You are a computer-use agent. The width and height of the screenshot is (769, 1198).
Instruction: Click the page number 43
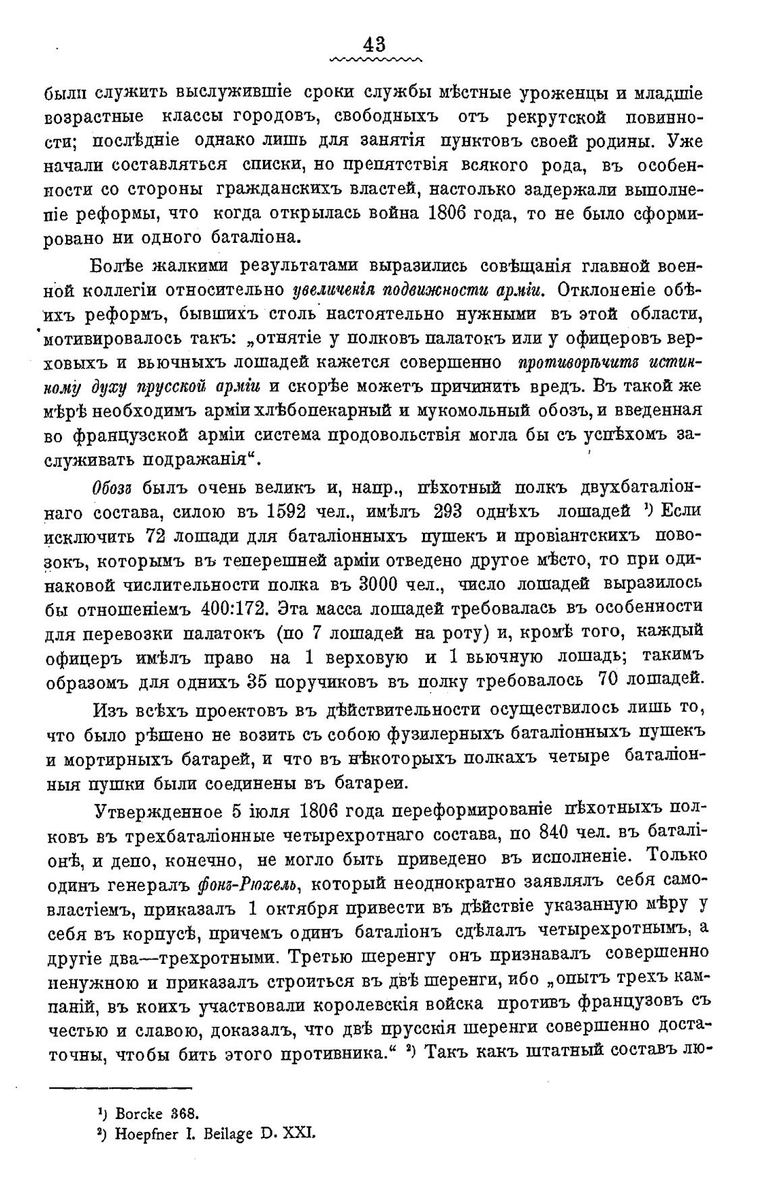374,45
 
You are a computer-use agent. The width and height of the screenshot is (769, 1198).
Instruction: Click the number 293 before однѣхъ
441,513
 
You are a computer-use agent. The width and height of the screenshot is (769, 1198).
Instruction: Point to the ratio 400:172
241,608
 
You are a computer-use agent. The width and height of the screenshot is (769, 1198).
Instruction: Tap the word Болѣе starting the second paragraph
115,266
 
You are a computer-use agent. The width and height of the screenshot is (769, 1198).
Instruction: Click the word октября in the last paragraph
296,908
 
